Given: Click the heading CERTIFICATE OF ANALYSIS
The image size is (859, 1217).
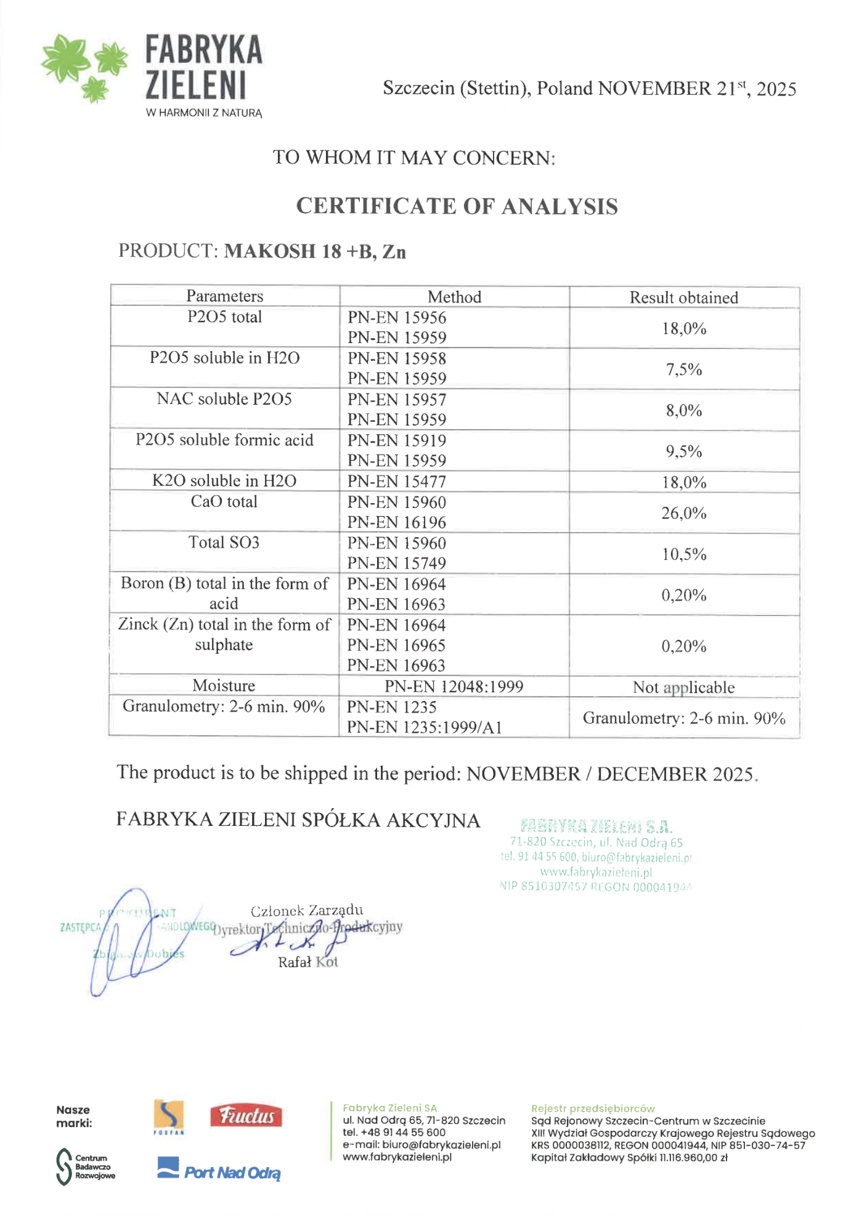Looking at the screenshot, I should (457, 206).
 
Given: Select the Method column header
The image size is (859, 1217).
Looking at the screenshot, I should (454, 297).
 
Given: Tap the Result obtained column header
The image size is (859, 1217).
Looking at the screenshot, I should (683, 297).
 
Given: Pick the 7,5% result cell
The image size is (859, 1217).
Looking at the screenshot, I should (683, 370).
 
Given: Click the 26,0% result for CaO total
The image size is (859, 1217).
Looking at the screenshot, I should (683, 513).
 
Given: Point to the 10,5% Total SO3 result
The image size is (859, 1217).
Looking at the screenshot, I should (683, 554).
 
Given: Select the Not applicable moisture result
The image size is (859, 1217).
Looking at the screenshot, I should (683, 687).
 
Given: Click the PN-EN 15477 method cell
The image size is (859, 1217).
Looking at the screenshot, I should (396, 482).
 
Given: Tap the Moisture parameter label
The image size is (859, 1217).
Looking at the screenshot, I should (224, 685).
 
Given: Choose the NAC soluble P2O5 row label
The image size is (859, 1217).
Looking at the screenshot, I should (224, 399).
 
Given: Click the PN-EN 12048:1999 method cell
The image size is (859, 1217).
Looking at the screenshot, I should (454, 687).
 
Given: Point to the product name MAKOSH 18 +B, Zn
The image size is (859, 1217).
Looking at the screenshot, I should (315, 251).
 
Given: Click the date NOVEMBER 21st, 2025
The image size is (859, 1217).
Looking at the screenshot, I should (697, 89).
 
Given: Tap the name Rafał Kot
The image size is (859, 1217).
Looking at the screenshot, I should (307, 962).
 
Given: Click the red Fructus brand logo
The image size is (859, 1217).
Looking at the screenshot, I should (246, 1115).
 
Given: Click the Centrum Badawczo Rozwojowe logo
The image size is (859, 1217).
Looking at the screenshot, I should (86, 1166).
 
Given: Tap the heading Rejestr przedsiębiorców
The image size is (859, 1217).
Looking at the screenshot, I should (593, 1109).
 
